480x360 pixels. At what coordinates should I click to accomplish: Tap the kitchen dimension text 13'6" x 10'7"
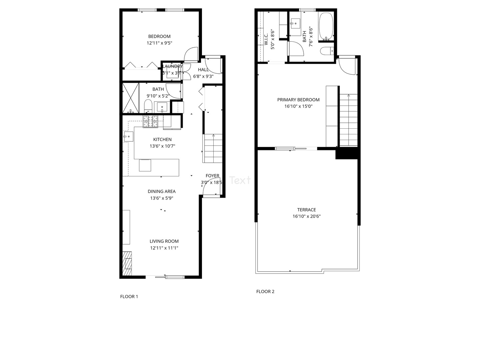pos(162,146)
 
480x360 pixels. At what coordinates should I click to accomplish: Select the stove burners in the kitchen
pos(150,122)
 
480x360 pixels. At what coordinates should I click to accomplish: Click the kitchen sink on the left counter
pos(128,136)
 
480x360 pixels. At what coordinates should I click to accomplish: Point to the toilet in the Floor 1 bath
pos(148,107)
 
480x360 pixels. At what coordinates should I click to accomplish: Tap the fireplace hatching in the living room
pos(127,263)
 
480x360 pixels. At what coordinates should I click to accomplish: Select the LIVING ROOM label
pos(164,241)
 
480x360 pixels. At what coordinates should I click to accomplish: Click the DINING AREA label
pos(162,191)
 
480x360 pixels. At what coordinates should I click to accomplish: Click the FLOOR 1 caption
pos(129,297)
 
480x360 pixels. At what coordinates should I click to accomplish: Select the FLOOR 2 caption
pos(265,292)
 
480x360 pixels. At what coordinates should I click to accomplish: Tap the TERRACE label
pos(307,210)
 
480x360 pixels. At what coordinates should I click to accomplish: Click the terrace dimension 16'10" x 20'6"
pos(307,216)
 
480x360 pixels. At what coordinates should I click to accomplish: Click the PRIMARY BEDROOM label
pos(298,100)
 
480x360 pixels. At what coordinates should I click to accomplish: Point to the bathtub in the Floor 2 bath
pos(326,26)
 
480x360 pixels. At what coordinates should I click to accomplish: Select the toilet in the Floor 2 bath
pos(326,51)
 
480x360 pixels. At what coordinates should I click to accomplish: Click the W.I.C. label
pos(266,39)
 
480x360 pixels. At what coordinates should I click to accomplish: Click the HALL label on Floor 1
pos(203,70)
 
